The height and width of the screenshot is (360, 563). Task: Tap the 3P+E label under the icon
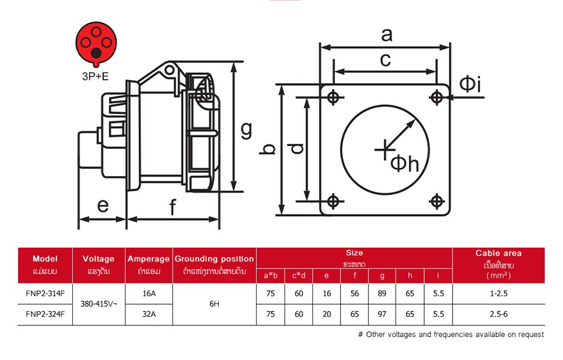[x=96, y=77]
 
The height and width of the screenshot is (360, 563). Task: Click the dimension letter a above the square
[x=386, y=35]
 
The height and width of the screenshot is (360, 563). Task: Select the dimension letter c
[x=385, y=59]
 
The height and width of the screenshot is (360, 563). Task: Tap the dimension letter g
[x=246, y=129]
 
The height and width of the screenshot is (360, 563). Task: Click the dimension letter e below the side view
[x=103, y=206]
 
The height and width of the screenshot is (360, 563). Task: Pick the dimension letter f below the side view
[x=172, y=208]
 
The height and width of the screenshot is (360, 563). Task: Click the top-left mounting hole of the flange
[x=333, y=97]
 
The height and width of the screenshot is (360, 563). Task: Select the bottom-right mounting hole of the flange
[x=436, y=201]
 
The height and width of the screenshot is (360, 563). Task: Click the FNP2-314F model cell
[x=45, y=293]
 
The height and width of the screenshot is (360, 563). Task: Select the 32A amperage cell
[x=149, y=314]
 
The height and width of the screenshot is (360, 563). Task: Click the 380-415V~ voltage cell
[x=99, y=304]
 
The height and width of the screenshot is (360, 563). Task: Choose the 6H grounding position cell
[x=214, y=304]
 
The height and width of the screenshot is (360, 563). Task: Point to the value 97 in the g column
[x=382, y=314]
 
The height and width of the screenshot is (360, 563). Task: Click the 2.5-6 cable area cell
[x=498, y=314]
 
